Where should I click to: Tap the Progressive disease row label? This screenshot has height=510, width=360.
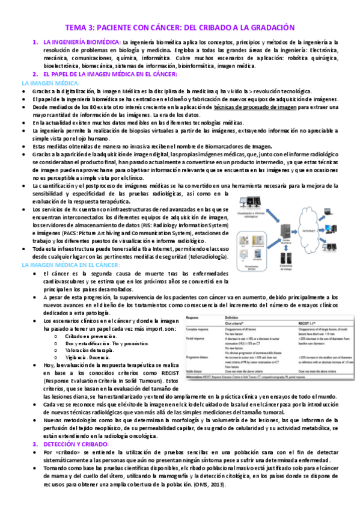click(x=201, y=357)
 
